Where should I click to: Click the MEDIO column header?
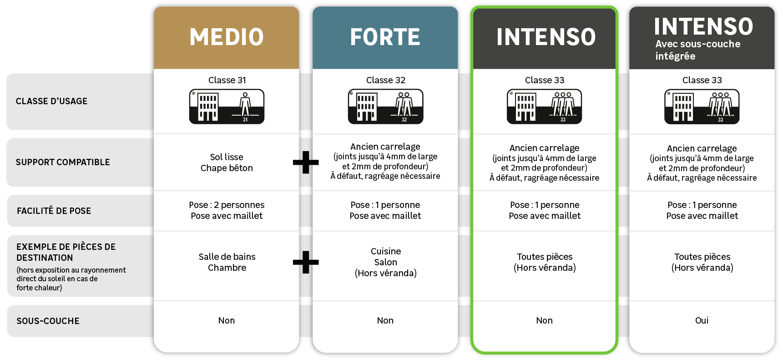(x=227, y=37)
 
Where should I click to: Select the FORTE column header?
(x=385, y=37)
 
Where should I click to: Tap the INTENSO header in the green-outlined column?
(x=546, y=37)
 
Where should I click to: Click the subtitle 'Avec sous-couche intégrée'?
(x=697, y=50)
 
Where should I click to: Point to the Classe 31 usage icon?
(x=227, y=106)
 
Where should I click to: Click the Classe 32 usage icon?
(x=385, y=106)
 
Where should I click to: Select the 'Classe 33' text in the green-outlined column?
(x=544, y=80)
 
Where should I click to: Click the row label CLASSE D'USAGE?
(x=51, y=101)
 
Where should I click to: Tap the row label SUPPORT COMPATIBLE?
(x=63, y=162)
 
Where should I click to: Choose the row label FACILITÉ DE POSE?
(x=54, y=211)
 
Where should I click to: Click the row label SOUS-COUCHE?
(x=48, y=321)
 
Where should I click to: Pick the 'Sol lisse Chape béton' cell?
(x=227, y=162)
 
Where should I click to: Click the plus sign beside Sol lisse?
(x=306, y=162)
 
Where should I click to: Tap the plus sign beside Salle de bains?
(x=306, y=262)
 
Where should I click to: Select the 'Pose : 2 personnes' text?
(x=227, y=205)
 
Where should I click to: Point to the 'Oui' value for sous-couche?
(x=702, y=320)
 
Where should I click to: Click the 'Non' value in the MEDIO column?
(x=227, y=320)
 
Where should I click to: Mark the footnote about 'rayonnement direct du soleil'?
(x=71, y=279)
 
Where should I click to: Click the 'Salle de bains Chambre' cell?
(x=227, y=262)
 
